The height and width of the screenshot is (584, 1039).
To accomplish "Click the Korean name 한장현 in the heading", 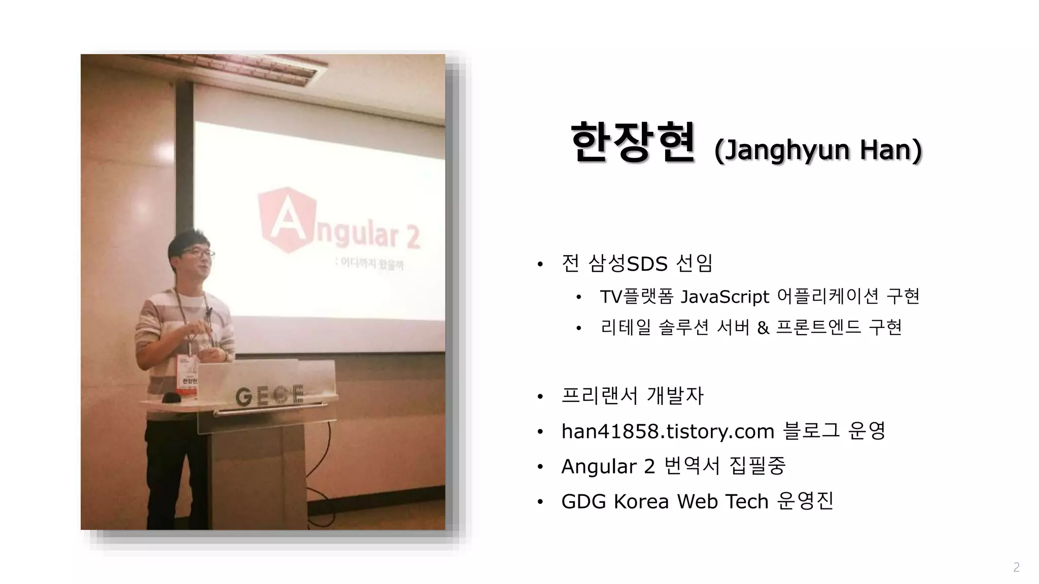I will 632,143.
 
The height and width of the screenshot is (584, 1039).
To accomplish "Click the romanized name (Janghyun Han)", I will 818,150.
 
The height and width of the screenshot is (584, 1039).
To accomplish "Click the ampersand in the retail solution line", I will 763,328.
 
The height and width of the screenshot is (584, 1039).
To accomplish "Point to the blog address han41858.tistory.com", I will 668,431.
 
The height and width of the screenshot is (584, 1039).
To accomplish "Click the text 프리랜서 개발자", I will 632,396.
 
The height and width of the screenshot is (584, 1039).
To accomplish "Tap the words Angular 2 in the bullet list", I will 608,466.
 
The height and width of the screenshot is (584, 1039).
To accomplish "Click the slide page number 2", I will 1016,567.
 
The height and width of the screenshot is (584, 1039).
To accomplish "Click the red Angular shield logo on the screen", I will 286,219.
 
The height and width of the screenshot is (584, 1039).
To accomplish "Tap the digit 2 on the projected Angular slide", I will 412,237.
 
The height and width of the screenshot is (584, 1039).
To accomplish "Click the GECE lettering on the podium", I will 269,395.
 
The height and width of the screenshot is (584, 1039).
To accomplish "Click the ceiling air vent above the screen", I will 254,68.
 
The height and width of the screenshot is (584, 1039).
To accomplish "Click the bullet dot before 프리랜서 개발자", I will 540,396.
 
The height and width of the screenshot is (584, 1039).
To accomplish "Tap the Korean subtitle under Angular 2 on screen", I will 371,264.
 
